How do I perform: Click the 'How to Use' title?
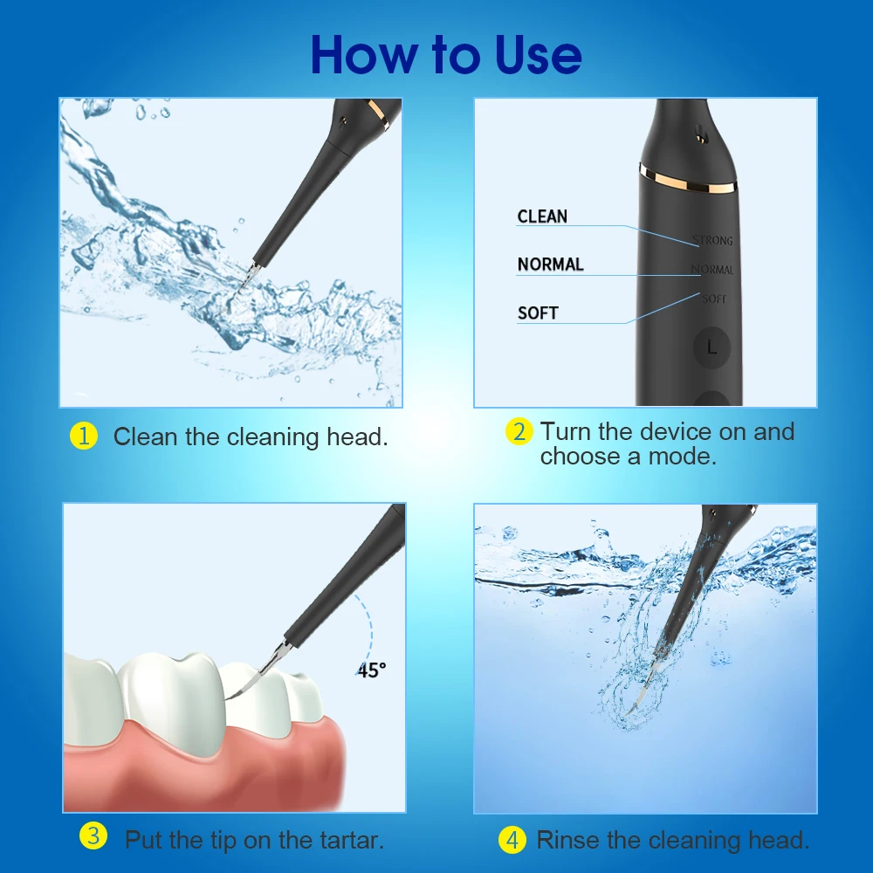[445, 54]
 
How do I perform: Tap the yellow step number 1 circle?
[83, 436]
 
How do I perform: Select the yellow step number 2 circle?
[519, 431]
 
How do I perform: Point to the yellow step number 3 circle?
[93, 838]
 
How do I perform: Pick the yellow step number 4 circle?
[512, 841]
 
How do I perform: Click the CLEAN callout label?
[542, 217]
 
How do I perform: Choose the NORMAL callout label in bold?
[550, 265]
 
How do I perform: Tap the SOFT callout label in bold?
[538, 313]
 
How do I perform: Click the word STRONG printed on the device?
[712, 240]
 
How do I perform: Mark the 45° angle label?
[371, 670]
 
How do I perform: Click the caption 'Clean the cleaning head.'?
[251, 436]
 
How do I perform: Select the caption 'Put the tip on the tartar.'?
[254, 841]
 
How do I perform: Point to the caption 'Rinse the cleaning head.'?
[673, 841]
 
